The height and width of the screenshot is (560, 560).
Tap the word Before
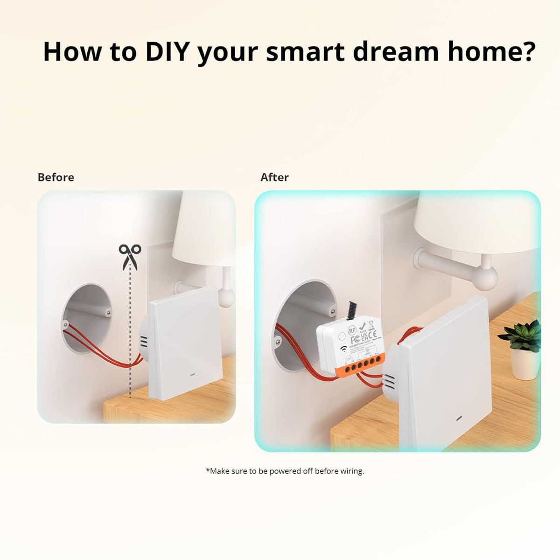56,177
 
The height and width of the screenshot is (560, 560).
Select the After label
274,177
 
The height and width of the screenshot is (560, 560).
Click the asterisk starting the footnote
208,470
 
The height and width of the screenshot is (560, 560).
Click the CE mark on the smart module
372,334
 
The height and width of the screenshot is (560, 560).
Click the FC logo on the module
354,337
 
